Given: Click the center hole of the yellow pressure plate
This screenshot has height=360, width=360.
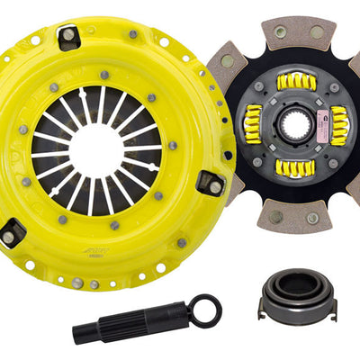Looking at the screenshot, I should pyautogui.click(x=96, y=148).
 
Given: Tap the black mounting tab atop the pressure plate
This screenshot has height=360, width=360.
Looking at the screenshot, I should pyautogui.click(x=68, y=36).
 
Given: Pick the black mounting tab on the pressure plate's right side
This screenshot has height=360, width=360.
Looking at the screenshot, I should pyautogui.click(x=212, y=184).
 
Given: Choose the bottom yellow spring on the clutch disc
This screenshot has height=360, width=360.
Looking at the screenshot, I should pyautogui.click(x=293, y=168).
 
